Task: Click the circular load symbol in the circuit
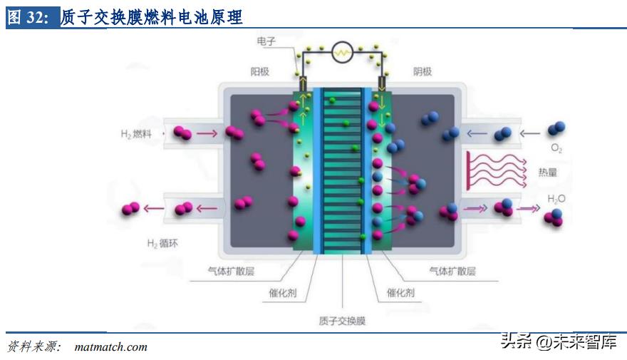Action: coord(343,51)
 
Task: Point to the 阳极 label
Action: coord(260,72)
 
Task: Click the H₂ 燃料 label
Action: coord(136,133)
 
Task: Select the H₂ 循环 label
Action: coord(162,243)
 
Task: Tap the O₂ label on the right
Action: coord(556,149)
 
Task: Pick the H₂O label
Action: coord(556,199)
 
